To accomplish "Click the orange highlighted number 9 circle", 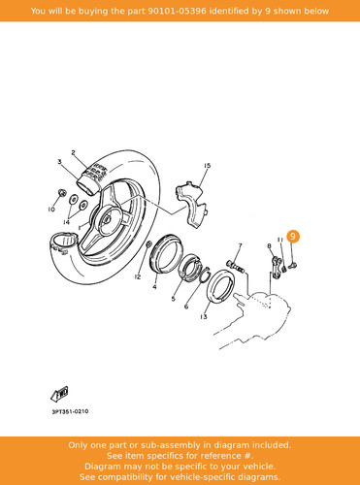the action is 293,237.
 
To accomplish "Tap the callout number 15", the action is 208,166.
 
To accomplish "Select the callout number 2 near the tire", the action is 74,152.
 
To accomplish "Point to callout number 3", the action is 59,162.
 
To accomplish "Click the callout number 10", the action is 51,210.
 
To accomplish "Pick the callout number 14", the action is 66,222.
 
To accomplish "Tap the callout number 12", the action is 138,276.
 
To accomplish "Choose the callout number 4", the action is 154,287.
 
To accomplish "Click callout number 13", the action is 204,317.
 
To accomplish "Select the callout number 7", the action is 240,246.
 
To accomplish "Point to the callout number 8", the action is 269,246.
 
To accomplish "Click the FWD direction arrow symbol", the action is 59,394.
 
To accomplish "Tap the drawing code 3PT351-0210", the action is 70,411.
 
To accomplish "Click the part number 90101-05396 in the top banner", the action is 177,11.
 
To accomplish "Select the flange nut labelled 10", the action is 61,194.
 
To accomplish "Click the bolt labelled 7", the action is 236,267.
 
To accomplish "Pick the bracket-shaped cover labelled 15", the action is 191,205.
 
